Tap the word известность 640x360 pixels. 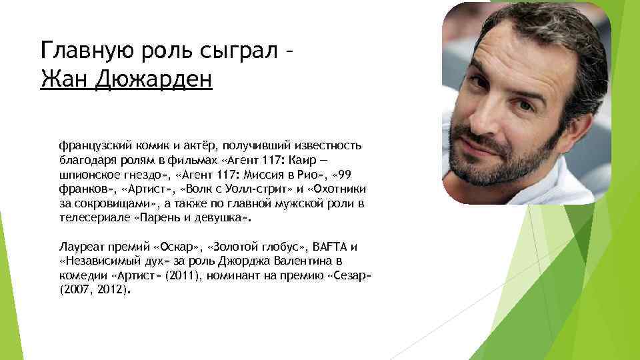[x=326, y=144]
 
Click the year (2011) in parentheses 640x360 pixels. [x=188, y=276]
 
